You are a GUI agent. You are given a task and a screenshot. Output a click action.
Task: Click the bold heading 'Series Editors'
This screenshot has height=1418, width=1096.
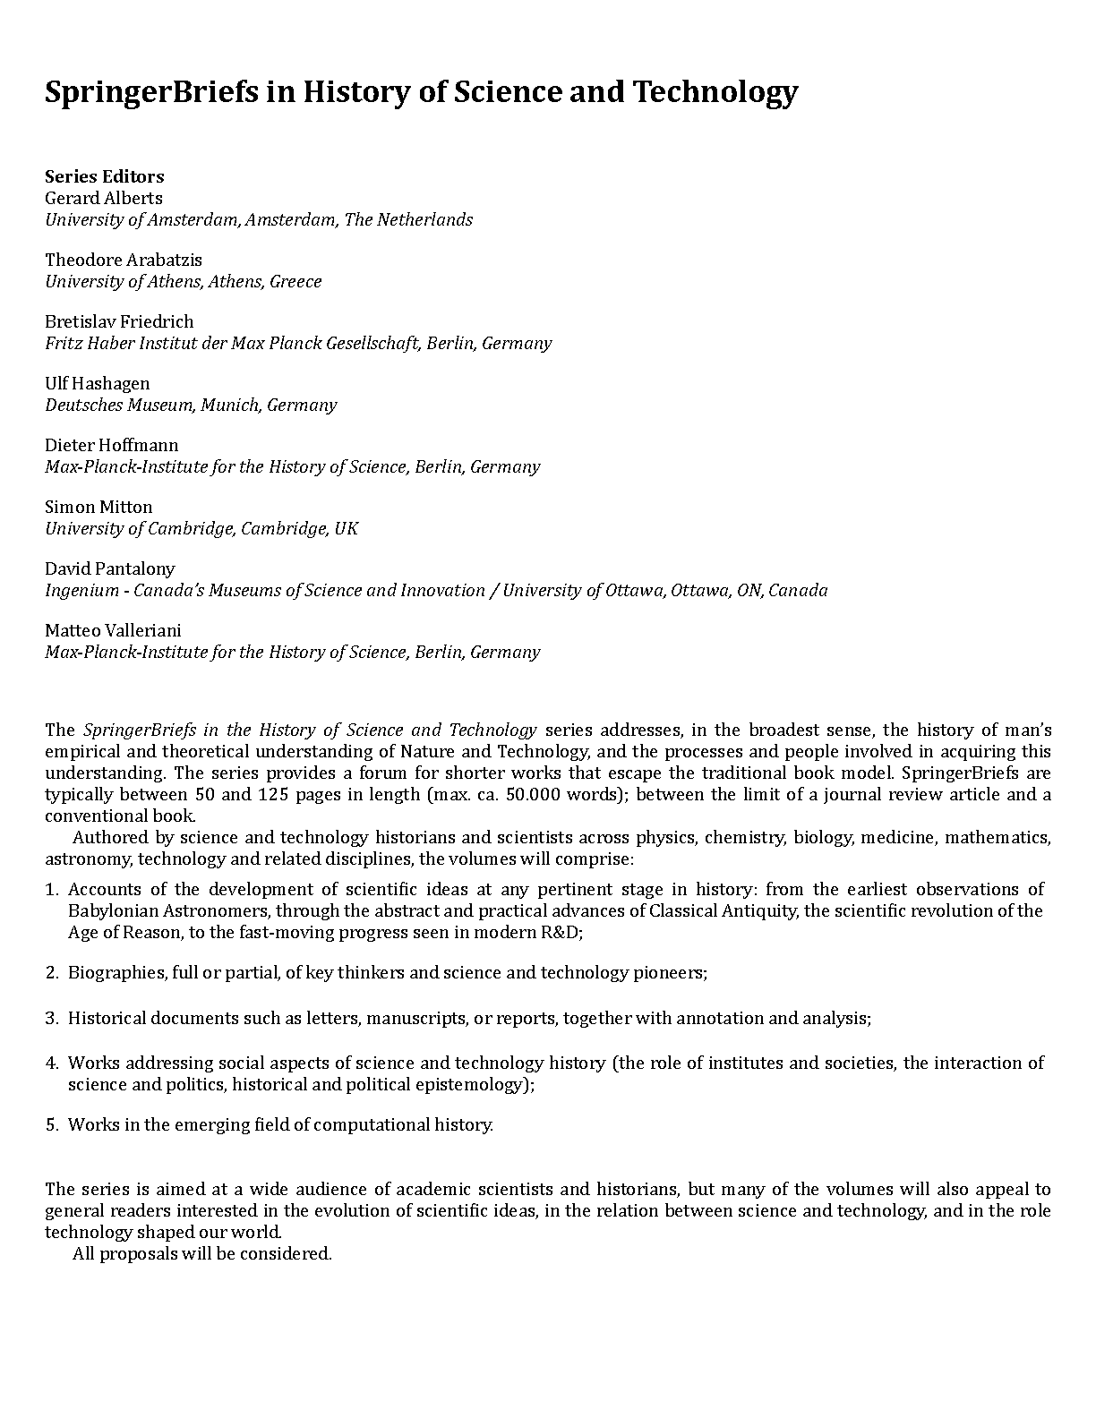pyautogui.click(x=104, y=176)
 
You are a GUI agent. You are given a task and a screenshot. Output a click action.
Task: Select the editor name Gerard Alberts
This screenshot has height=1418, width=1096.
pyautogui.click(x=104, y=198)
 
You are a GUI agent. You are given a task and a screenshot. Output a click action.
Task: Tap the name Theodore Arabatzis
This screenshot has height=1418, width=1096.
pyautogui.click(x=124, y=260)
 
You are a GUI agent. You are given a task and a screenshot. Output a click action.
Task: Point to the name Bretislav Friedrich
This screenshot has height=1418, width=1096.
pyautogui.click(x=119, y=321)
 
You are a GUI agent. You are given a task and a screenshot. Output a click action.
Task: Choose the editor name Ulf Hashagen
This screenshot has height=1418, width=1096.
pyautogui.click(x=98, y=383)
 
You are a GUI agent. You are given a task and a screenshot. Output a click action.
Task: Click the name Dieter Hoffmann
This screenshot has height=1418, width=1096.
pyautogui.click(x=112, y=445)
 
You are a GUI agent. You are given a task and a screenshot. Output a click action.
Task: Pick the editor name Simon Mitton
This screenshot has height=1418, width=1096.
pyautogui.click(x=98, y=507)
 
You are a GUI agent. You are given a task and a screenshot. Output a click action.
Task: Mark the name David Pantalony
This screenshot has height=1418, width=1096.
pyautogui.click(x=110, y=568)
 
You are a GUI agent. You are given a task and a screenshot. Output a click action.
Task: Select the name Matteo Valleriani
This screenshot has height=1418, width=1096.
pyautogui.click(x=113, y=630)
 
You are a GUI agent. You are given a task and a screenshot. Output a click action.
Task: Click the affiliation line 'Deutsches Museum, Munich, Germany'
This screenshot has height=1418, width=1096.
pyautogui.click(x=191, y=405)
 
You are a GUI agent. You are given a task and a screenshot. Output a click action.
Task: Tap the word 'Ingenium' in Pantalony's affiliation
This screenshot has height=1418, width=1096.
pyautogui.click(x=81, y=590)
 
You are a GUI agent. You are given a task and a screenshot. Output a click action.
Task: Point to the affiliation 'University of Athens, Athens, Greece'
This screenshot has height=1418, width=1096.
pyautogui.click(x=184, y=281)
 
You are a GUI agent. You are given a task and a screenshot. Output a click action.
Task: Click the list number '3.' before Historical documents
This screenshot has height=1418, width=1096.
pyautogui.click(x=52, y=1018)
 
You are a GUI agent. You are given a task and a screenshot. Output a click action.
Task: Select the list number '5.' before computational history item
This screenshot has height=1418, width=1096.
pyautogui.click(x=52, y=1124)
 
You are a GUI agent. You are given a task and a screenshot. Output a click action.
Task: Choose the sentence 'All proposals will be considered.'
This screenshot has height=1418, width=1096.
pyautogui.click(x=202, y=1253)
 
